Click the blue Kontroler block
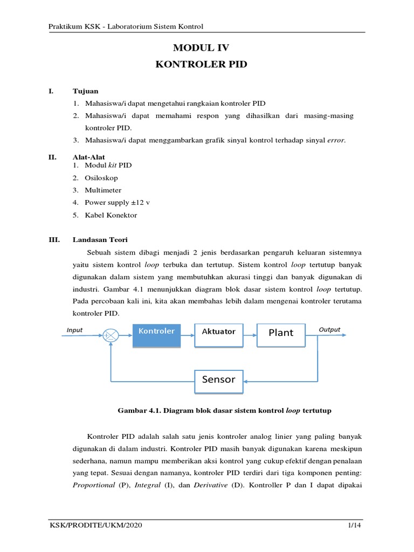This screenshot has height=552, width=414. [x=157, y=335]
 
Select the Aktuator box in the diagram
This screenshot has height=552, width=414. [x=218, y=332]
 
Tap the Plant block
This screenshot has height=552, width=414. [x=281, y=333]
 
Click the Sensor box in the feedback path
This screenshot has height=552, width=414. [x=218, y=379]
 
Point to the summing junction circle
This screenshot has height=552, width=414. [x=111, y=335]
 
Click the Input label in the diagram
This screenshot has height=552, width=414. [x=74, y=329]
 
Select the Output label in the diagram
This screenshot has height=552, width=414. [x=329, y=329]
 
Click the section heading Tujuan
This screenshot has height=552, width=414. [x=86, y=91]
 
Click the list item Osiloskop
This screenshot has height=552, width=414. [x=101, y=178]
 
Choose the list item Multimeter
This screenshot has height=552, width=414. [x=103, y=190]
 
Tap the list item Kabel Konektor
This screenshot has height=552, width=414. [x=111, y=215]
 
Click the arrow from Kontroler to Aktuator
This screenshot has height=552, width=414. [x=188, y=335]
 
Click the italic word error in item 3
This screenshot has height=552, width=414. [x=336, y=141]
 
